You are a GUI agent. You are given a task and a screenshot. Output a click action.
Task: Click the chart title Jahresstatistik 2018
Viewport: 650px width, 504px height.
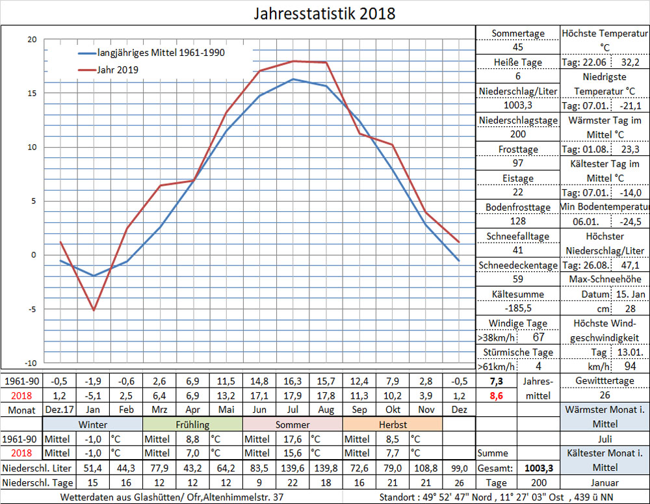click(324, 13)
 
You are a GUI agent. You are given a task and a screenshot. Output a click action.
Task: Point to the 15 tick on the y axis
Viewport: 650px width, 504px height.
click(32, 93)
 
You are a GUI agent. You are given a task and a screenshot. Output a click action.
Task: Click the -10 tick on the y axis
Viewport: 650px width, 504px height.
click(31, 363)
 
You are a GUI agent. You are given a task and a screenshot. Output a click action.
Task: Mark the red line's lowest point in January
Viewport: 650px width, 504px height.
click(94, 310)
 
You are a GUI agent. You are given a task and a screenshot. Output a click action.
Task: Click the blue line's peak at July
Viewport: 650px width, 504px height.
click(293, 79)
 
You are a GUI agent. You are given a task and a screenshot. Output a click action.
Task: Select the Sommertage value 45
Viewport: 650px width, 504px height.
click(517, 47)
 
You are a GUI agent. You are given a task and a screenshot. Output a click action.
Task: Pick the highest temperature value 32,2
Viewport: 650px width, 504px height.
click(630, 62)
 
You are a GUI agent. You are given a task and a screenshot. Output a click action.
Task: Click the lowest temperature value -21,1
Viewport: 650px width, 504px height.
click(630, 105)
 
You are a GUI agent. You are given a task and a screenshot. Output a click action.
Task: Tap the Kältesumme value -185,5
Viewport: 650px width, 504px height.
click(517, 308)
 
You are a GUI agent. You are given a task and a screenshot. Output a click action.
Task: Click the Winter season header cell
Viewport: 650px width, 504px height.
click(93, 424)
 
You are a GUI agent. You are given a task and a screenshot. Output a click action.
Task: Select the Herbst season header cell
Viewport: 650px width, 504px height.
click(392, 424)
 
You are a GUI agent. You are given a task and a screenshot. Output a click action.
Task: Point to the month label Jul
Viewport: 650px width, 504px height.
click(293, 410)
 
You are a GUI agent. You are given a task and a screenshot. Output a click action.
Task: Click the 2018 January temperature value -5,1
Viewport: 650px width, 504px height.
click(93, 395)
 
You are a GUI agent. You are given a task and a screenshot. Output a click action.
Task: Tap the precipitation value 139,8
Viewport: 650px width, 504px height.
click(326, 468)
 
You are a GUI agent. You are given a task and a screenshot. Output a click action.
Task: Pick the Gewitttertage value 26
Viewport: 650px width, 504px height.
click(604, 395)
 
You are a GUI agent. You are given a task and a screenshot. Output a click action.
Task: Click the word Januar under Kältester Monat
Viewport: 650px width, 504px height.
click(604, 483)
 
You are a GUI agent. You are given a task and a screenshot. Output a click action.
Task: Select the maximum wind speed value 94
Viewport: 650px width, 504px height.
click(630, 366)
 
